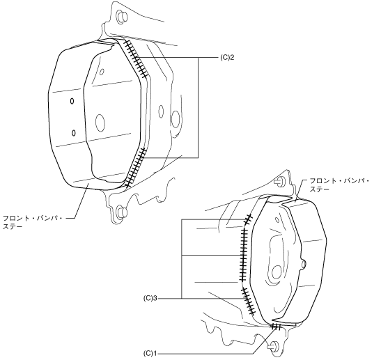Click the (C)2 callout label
[227, 58]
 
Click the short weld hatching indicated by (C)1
[277, 327]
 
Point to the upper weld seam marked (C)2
[136, 59]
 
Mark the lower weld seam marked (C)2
[136, 167]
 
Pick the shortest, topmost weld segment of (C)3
[249, 219]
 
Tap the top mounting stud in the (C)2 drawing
[122, 17]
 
